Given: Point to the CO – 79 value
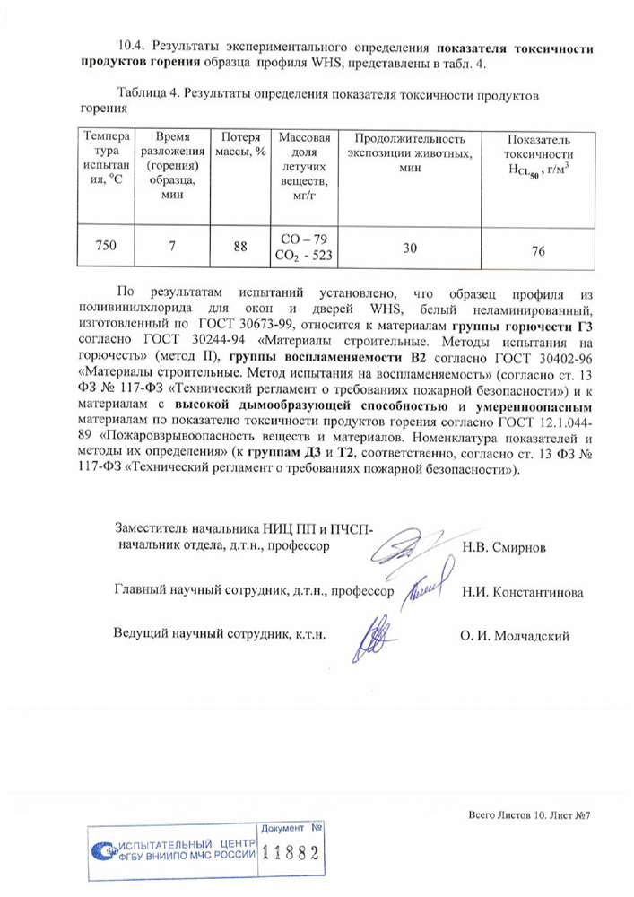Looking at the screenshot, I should coord(305,239).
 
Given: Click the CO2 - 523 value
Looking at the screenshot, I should coord(305,256).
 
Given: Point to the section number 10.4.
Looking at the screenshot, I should coord(134,45).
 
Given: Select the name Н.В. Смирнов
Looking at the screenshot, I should coord(503,546).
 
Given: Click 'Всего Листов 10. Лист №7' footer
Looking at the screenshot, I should coord(533,815).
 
